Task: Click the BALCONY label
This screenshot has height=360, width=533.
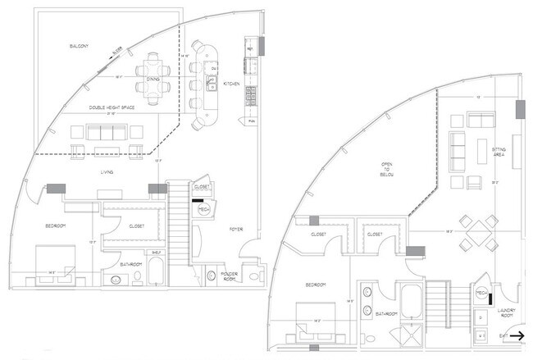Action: click(80, 46)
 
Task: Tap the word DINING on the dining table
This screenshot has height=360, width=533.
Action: click(153, 80)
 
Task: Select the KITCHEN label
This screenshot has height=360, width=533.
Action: click(231, 84)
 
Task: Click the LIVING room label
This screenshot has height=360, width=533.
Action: click(107, 172)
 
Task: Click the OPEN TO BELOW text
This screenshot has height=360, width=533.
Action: click(387, 169)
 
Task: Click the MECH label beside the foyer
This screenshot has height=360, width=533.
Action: click(203, 210)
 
